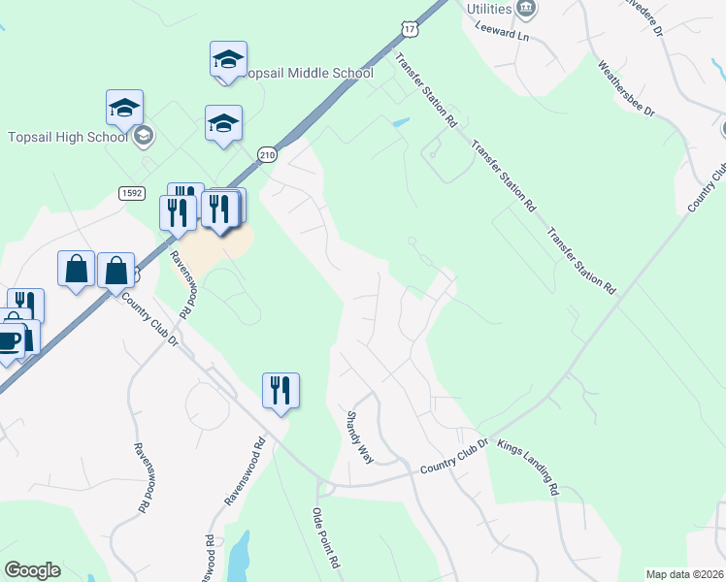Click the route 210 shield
[268, 154]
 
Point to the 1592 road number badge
[133, 194]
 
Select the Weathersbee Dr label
[627, 89]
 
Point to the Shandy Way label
[360, 436]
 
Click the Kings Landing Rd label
[528, 468]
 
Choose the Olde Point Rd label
[325, 538]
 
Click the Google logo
[32, 570]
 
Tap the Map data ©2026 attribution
[684, 574]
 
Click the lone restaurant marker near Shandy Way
[280, 391]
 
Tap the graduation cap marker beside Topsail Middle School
[228, 60]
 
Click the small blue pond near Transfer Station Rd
[400, 123]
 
